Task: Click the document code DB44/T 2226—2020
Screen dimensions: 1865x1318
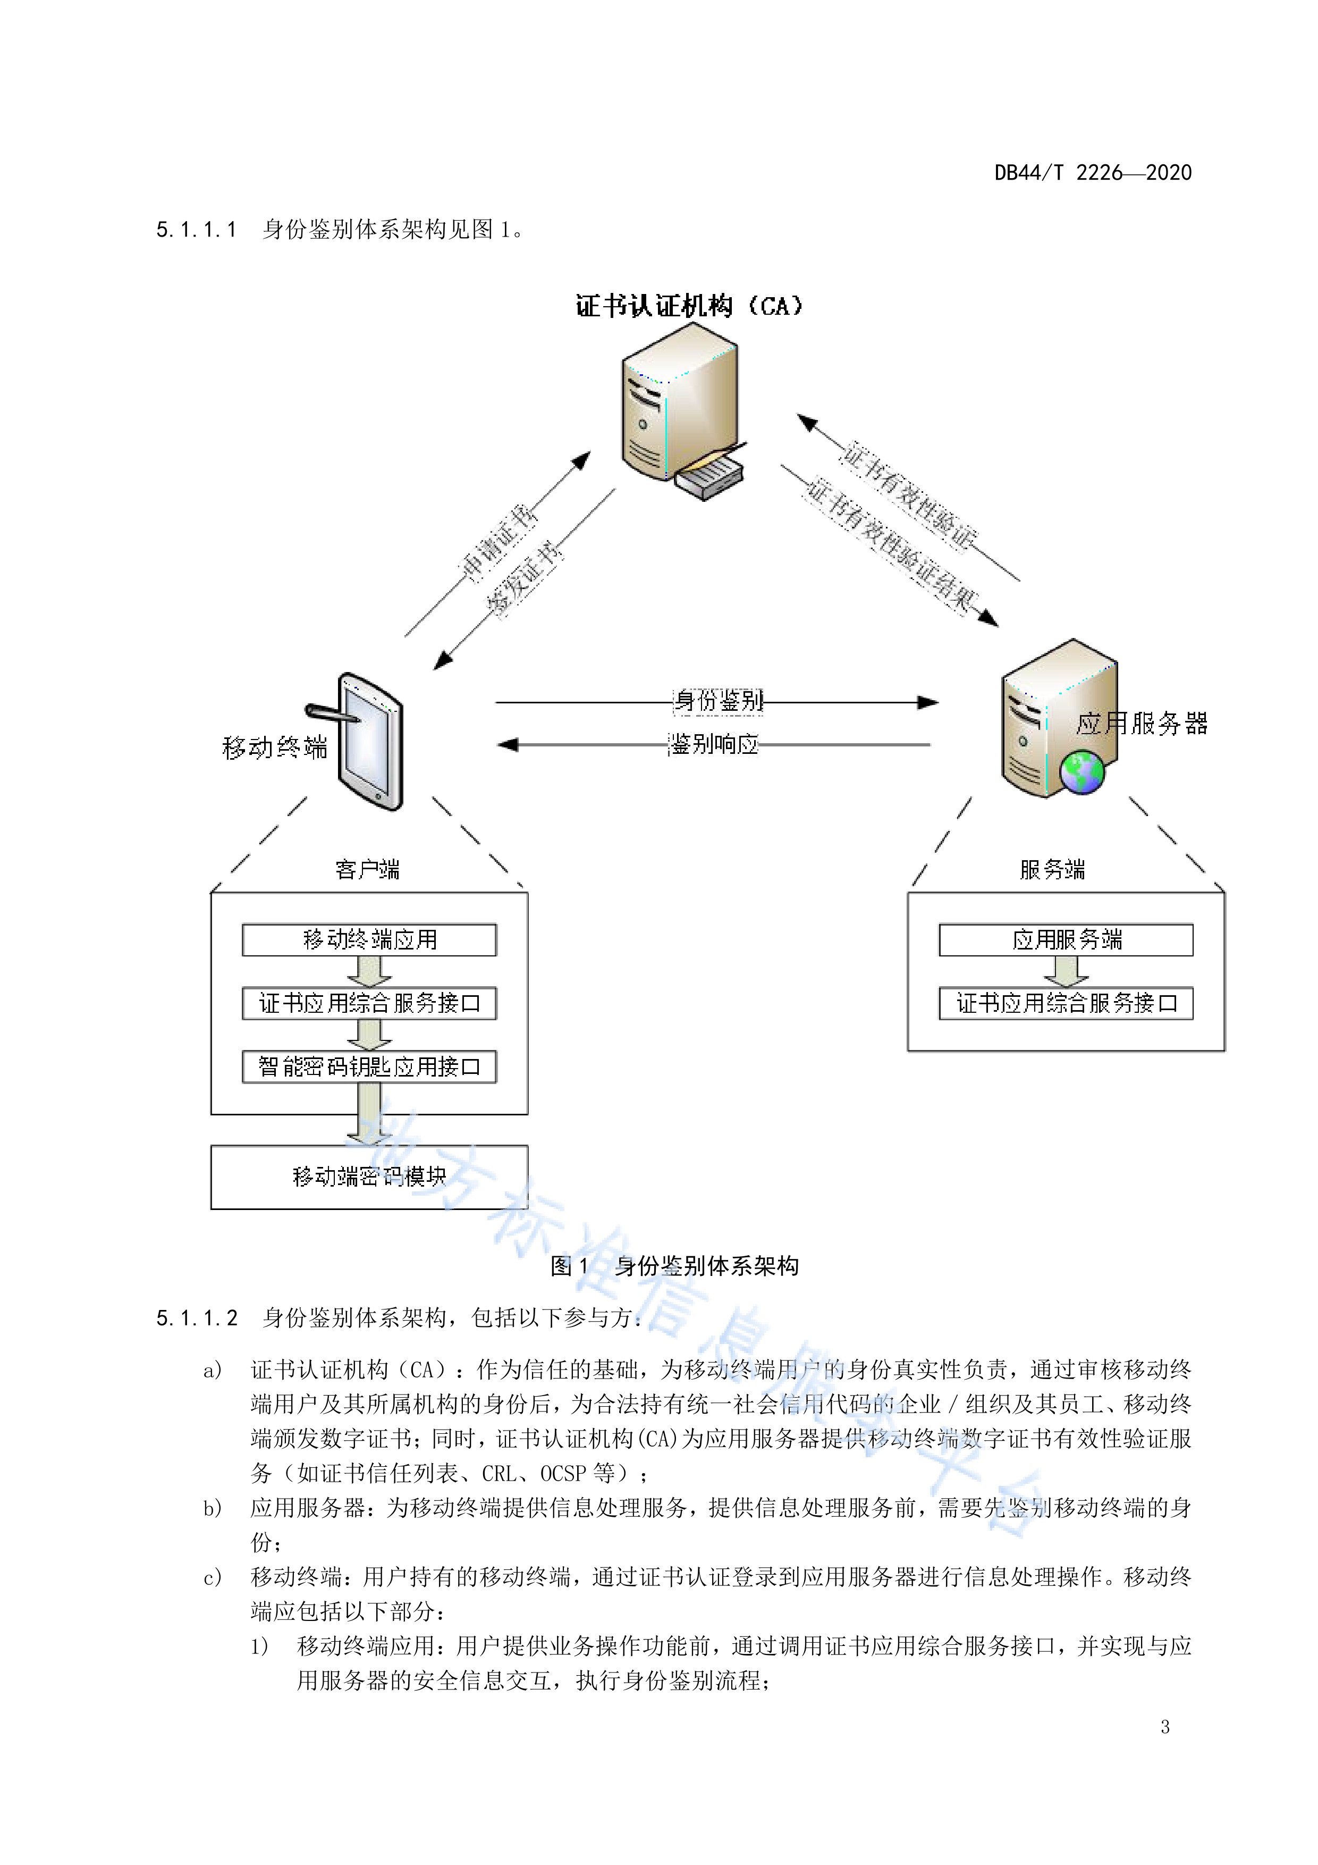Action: pos(1092,172)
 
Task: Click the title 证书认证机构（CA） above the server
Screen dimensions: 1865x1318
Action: pos(689,306)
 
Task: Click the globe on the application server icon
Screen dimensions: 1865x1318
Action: pos(1082,771)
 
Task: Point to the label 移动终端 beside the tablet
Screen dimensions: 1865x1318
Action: pos(274,747)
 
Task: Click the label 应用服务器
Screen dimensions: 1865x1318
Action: pos(1142,723)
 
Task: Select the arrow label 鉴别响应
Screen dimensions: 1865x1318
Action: pos(713,744)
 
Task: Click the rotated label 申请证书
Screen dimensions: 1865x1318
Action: pos(499,543)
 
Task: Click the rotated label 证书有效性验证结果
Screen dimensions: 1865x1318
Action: pos(892,546)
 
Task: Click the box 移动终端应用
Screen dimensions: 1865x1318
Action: pos(369,940)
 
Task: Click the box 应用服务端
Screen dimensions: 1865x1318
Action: pos(1066,940)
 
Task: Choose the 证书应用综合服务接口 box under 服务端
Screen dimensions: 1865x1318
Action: pos(1066,1003)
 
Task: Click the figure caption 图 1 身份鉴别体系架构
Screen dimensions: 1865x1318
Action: pos(674,1265)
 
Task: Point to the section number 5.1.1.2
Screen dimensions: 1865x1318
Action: pos(197,1317)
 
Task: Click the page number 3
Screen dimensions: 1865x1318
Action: pos(1164,1727)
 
